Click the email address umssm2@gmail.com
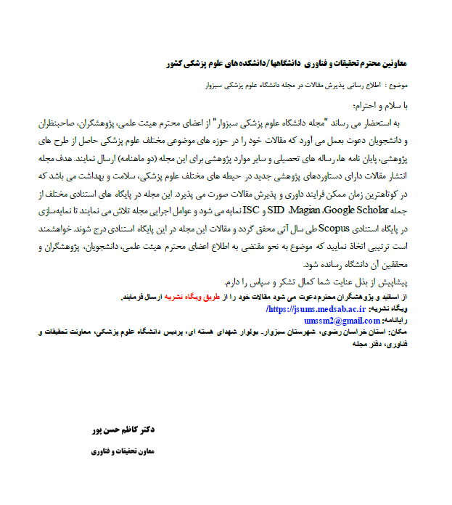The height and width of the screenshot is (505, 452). point(334,320)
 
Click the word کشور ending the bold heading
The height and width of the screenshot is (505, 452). point(177,63)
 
